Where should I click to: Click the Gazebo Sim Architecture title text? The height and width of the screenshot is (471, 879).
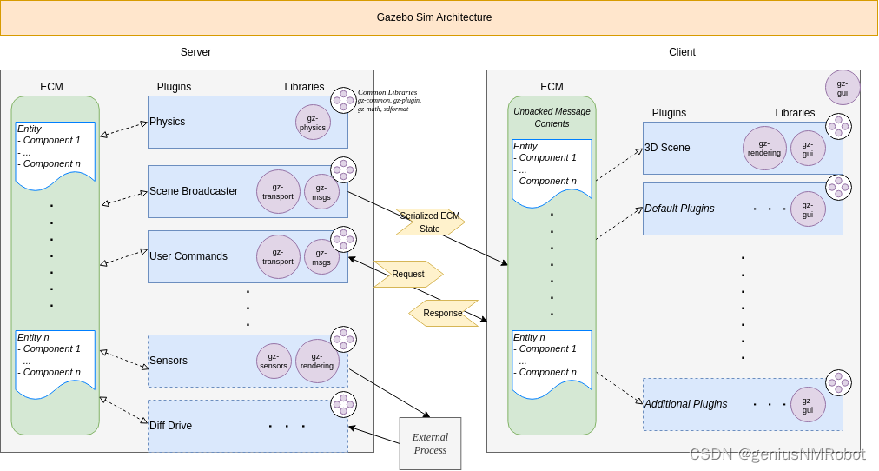tap(433, 17)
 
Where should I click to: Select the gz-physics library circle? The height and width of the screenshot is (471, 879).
tap(313, 123)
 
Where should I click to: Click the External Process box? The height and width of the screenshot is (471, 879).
tap(430, 443)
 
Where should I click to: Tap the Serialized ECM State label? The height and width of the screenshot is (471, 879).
tap(430, 222)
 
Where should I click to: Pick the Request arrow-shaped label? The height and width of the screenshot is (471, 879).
tap(408, 274)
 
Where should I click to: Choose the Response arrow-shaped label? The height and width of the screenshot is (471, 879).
tap(443, 313)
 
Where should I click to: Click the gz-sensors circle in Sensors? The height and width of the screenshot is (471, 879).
tap(274, 362)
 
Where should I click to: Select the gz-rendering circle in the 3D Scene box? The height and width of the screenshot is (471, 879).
tap(764, 148)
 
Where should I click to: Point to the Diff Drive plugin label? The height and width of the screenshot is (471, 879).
tap(170, 426)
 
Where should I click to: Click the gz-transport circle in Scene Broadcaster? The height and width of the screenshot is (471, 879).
tap(278, 191)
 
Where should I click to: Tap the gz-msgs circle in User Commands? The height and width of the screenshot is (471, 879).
tap(321, 257)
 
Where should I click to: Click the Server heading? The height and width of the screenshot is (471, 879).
tap(195, 52)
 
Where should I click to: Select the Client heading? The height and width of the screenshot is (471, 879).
tap(682, 52)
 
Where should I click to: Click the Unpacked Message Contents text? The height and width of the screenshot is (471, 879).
tap(552, 117)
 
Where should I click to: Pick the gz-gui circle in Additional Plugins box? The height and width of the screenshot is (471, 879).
tap(808, 405)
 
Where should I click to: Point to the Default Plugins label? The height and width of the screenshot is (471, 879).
tap(679, 209)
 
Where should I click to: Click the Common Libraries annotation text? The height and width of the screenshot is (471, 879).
tap(389, 100)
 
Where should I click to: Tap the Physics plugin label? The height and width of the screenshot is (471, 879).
tap(167, 122)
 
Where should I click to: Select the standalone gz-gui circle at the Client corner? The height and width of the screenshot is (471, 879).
tap(843, 88)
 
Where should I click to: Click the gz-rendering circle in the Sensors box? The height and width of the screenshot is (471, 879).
tap(317, 362)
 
